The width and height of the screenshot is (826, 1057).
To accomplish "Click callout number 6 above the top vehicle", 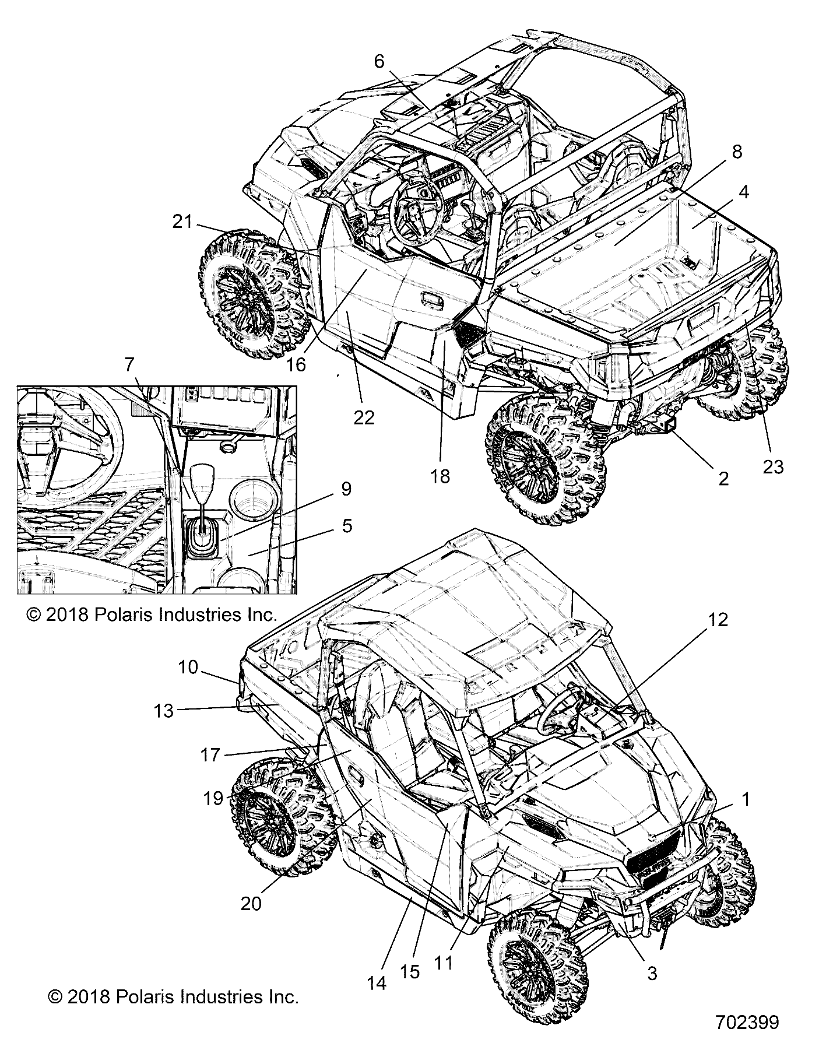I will (x=379, y=62).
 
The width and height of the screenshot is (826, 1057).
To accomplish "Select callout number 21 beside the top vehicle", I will (x=182, y=222).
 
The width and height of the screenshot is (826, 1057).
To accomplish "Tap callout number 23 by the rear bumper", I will (x=773, y=467).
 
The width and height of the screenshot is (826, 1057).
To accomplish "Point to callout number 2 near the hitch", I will (x=723, y=478).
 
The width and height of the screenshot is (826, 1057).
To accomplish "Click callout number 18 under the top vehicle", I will (x=441, y=476).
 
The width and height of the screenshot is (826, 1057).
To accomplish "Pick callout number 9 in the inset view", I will (x=346, y=489).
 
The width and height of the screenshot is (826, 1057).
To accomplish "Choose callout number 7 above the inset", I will (x=129, y=366).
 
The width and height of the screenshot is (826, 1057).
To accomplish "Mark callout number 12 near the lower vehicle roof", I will (x=718, y=620).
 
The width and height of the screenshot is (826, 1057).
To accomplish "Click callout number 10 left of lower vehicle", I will (x=188, y=667).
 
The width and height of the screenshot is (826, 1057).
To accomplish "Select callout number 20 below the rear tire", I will (x=251, y=919).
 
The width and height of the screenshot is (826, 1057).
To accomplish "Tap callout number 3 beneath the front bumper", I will (x=652, y=972).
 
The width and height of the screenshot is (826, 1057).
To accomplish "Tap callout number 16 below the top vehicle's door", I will (x=296, y=364).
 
